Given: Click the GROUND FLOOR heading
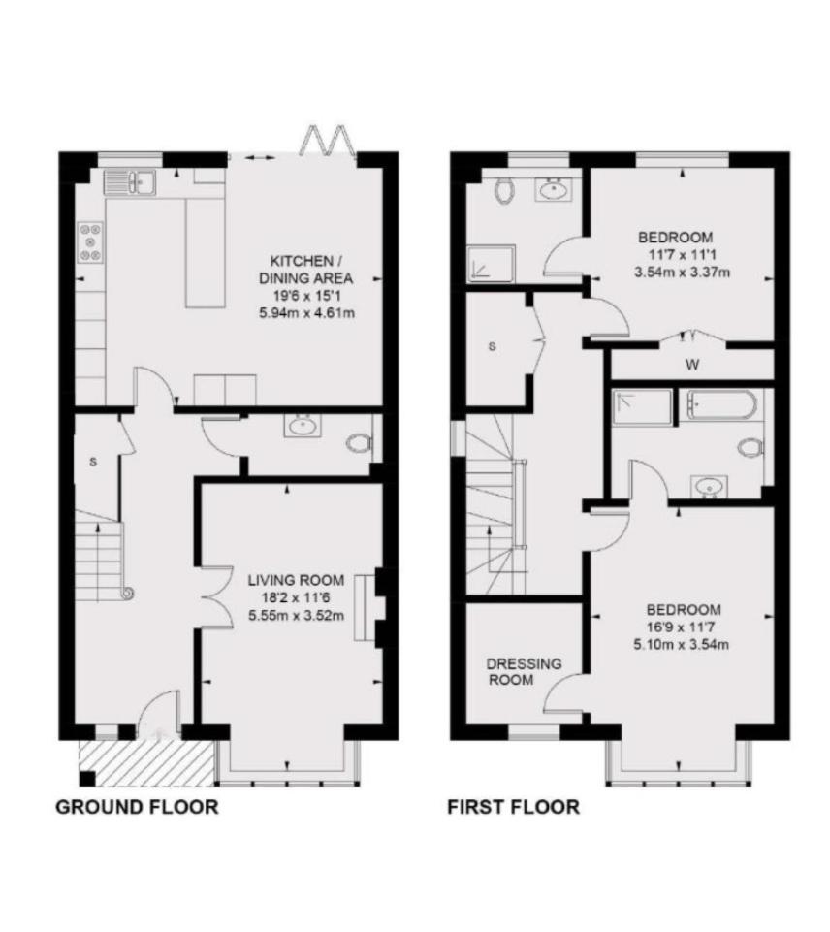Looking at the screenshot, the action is pyautogui.click(x=138, y=807).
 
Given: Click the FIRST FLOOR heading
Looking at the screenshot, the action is pyautogui.click(x=513, y=807).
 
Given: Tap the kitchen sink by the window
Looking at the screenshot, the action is pyautogui.click(x=130, y=182).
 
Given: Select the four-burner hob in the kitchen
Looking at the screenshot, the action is pyautogui.click(x=90, y=241).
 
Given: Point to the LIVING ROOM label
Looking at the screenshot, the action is pyautogui.click(x=296, y=580).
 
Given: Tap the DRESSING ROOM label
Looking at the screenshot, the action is pyautogui.click(x=524, y=672).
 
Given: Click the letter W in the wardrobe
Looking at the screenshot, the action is pyautogui.click(x=692, y=365).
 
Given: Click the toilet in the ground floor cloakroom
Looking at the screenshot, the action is pyautogui.click(x=360, y=443).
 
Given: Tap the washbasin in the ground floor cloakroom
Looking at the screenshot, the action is pyautogui.click(x=303, y=426).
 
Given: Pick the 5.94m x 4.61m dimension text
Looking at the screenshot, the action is pyautogui.click(x=307, y=312).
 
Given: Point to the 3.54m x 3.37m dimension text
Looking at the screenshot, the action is pyautogui.click(x=682, y=273).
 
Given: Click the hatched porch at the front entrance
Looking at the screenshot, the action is pyautogui.click(x=146, y=762).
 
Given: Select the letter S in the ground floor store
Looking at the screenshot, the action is pyautogui.click(x=93, y=462).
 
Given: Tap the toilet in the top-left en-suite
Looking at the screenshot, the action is pyautogui.click(x=504, y=191).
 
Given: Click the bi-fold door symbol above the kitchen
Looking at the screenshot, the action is pyautogui.click(x=323, y=141).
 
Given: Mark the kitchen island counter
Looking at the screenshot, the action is pyautogui.click(x=206, y=252).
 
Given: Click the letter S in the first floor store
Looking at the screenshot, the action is pyautogui.click(x=492, y=346).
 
